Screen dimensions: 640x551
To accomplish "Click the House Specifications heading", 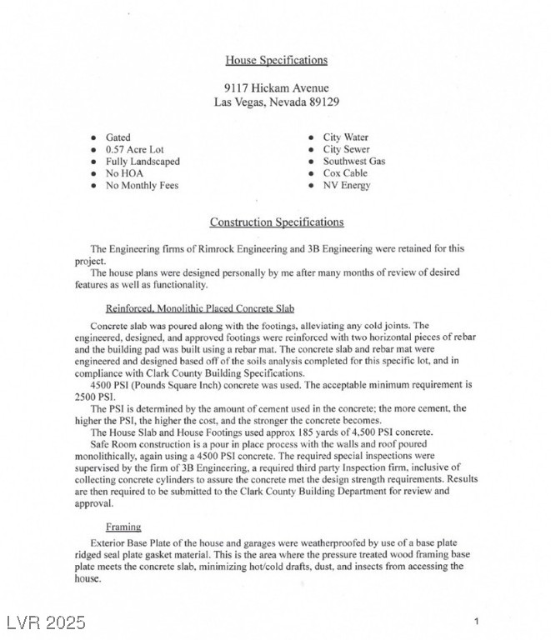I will coord(276,60).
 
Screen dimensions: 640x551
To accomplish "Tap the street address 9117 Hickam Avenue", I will coord(276,87).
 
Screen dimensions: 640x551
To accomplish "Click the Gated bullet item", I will coord(118,137).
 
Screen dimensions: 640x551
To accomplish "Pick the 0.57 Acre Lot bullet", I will coord(135,150).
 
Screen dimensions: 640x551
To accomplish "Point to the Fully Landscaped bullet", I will coord(143,162).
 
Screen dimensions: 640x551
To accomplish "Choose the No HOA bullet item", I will coord(124,173).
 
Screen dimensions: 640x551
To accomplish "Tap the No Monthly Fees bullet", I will coord(142,186).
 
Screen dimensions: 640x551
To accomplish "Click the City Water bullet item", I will coord(345,137).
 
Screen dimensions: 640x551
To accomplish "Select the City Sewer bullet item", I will coord(346,150).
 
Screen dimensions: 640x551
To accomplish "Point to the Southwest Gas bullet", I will coord(354,162).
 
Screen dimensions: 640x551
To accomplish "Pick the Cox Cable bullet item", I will coord(345,173).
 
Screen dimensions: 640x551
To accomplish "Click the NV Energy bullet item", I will coord(346,186).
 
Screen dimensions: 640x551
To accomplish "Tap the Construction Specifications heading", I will coord(276,222).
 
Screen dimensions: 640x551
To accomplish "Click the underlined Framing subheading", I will coord(123,527).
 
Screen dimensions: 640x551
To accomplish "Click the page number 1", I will coord(476,621).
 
